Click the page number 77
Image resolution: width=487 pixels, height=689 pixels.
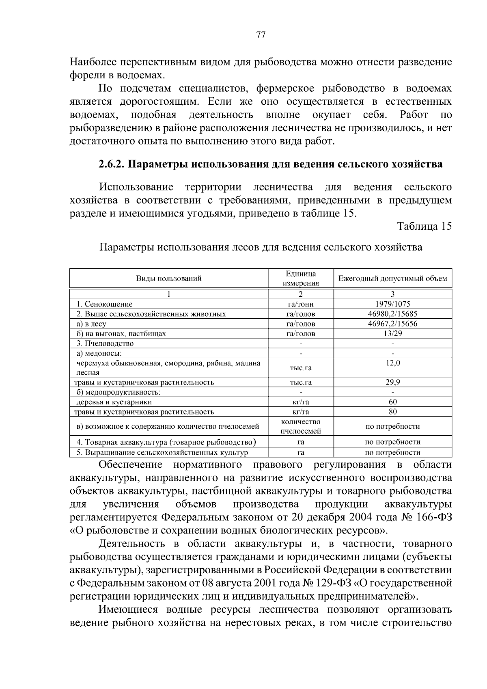tap(261, 35)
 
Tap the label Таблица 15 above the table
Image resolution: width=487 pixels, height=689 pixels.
tap(424, 226)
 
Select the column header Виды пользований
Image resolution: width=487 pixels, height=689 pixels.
tap(168, 279)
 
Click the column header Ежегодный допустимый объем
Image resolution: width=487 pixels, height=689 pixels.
tap(392, 279)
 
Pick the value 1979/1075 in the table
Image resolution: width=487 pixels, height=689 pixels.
tap(392, 304)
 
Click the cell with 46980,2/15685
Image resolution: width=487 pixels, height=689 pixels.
tap(392, 314)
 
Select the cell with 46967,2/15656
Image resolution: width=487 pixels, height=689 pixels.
tap(392, 324)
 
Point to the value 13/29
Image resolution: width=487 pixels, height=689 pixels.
tap(392, 333)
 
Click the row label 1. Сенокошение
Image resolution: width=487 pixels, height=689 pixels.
tap(105, 304)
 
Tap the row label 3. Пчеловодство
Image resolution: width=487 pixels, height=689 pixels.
tap(105, 343)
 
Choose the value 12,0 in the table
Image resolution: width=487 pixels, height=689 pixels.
tap(392, 363)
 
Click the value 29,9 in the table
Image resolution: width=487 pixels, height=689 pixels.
tap(392, 382)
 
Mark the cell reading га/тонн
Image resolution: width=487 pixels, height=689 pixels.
tap(301, 304)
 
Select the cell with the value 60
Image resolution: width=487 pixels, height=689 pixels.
tap(392, 402)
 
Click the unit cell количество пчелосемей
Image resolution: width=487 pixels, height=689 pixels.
tap(301, 426)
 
